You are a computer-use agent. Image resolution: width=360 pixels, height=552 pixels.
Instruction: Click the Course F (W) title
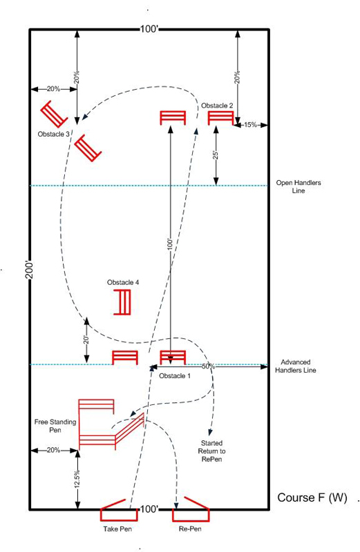coord(312,497)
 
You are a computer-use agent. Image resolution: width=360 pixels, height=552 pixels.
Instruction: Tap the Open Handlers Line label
coord(299,186)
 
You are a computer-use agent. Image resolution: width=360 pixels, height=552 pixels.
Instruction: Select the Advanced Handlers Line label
coord(296,366)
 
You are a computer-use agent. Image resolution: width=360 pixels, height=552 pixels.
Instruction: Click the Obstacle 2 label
coord(217,106)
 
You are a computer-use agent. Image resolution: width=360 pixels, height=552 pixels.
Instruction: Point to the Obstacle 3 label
coord(54,134)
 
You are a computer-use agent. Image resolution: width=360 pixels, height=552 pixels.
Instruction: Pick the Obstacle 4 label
coord(123,282)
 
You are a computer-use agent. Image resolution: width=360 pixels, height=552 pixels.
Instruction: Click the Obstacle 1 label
coord(175,376)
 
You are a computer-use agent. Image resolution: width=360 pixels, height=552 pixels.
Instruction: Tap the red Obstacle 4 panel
coord(123,302)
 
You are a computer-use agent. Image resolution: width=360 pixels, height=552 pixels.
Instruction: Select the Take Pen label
coord(117,529)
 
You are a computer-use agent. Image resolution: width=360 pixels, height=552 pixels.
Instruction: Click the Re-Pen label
coord(190,529)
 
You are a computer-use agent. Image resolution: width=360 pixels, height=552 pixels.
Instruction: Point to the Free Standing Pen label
coord(55,426)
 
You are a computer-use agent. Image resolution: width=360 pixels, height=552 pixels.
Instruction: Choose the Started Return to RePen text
coord(211,451)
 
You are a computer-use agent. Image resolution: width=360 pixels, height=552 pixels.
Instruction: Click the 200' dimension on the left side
coord(30,270)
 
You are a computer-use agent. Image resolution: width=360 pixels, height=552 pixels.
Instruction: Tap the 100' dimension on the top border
coord(149,29)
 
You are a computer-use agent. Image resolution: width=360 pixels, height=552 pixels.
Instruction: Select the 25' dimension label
coord(216,155)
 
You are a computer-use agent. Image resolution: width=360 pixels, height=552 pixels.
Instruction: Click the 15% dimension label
coord(250,125)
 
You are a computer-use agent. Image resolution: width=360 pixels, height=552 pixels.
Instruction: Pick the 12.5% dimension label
coord(77,479)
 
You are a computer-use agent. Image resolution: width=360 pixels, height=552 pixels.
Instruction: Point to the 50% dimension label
coord(209,366)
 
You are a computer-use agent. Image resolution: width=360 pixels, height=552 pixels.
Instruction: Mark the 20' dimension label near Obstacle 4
coord(86,339)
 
